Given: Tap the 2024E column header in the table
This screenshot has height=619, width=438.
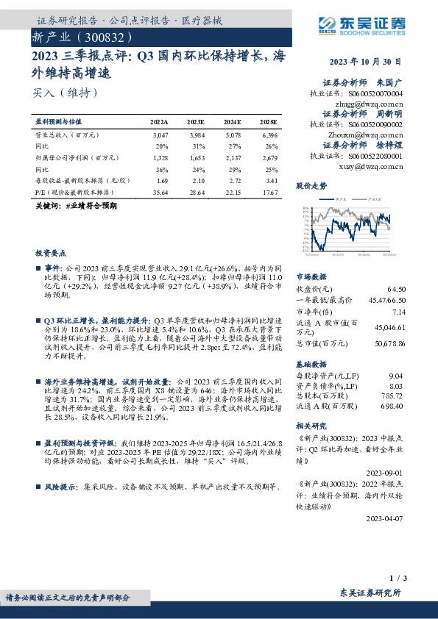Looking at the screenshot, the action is (x=232, y=121).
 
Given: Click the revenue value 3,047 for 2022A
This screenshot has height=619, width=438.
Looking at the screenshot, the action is (x=160, y=136).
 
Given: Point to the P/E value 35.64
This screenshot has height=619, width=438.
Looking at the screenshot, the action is (x=160, y=192).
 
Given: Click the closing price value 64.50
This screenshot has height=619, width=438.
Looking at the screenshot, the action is (x=396, y=289).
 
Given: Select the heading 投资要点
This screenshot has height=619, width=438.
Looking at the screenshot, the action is (x=50, y=251).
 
